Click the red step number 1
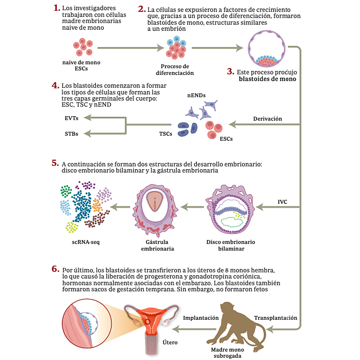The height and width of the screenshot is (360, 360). [x=56, y=8]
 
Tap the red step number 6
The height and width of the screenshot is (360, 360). [x=55, y=269]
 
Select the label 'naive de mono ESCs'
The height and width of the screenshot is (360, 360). [x=81, y=65]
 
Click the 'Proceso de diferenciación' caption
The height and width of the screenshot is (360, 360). [x=175, y=70]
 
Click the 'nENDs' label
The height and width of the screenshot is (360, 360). [x=196, y=95]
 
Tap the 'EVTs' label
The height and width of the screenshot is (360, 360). [x=71, y=118]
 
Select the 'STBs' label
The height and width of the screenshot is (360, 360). [x=71, y=134]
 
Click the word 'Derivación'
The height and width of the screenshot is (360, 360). [x=268, y=119]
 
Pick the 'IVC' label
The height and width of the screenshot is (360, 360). [x=282, y=202]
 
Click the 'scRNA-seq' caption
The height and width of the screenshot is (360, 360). [x=86, y=242]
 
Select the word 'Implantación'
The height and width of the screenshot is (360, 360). [x=201, y=318]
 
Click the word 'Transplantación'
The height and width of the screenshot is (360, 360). [x=276, y=318]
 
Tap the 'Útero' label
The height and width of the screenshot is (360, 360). [x=170, y=342]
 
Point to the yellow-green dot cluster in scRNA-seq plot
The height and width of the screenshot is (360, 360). [x=72, y=227]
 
